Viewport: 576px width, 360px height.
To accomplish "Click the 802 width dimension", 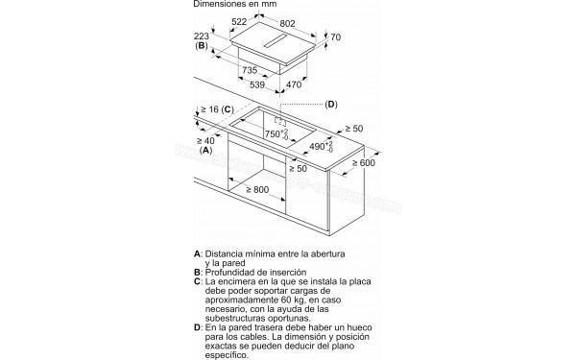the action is point(287,23).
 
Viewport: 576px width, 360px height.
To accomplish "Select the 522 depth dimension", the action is point(239,22).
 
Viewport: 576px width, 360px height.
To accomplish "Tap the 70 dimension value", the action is point(336,37).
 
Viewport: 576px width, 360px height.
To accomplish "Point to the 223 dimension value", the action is point(202,36).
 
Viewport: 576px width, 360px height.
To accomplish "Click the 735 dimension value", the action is point(250,70).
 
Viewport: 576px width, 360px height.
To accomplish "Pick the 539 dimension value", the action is point(257,84).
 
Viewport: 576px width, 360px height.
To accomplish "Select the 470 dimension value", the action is point(294,84).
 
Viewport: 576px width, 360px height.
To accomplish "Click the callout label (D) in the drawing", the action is point(331,105).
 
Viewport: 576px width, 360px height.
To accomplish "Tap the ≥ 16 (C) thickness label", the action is point(218,109).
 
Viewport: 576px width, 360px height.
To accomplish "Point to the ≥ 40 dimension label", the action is point(205,141).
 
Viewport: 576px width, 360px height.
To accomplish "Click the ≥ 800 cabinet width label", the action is point(257,190).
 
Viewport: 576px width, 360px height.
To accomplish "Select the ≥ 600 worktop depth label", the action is point(364,163).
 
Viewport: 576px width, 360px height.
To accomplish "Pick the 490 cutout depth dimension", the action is point(321,147).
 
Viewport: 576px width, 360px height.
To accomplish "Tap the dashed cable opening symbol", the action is point(280,122).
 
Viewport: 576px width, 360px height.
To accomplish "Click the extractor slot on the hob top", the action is point(276,41).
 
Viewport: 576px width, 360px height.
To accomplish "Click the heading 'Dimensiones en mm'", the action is point(235,4).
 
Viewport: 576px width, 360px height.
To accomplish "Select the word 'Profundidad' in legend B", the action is point(228,273).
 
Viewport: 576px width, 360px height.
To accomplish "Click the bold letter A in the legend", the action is point(197,253).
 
